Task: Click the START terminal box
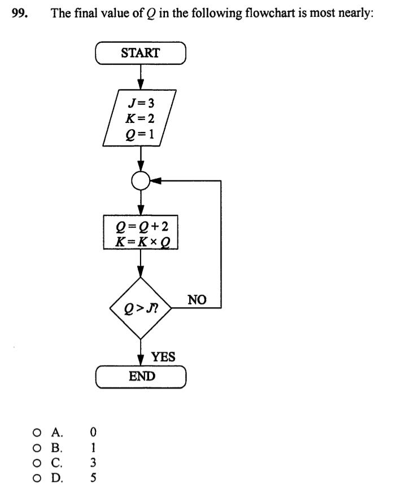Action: click(141, 54)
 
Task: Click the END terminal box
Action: click(141, 376)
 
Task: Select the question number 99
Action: click(20, 14)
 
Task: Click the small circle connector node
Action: click(141, 181)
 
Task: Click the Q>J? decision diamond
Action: click(141, 308)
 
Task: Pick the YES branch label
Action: click(163, 357)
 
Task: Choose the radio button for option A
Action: click(36, 433)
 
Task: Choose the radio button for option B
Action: click(36, 449)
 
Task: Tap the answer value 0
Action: click(94, 433)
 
